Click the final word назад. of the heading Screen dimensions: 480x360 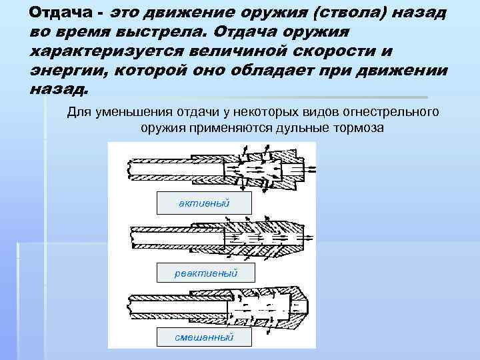pyautogui.click(x=58, y=89)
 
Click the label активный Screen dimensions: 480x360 pyautogui.click(x=204, y=203)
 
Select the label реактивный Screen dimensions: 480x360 pyautogui.click(x=205, y=273)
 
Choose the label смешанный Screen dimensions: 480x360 pyautogui.click(x=204, y=337)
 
